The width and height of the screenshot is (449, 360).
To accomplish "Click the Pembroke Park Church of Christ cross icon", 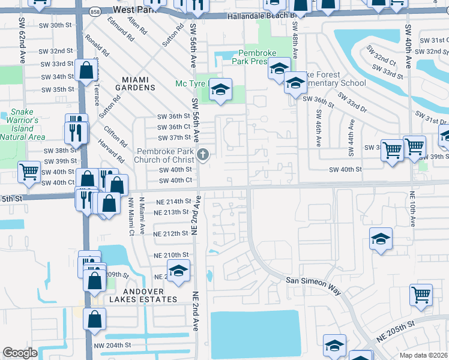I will pos(203,156).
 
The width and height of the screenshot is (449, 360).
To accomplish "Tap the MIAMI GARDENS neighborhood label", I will pos(139,83).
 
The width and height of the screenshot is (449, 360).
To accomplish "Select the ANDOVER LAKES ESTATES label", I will pos(143,299).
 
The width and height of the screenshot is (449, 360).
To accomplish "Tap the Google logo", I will pos(20,353).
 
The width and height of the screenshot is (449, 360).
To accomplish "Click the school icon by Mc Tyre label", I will pos(220,90).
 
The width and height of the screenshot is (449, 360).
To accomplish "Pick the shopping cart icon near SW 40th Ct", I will pos(29,173).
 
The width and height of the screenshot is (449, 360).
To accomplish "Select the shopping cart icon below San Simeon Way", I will pos(421,295).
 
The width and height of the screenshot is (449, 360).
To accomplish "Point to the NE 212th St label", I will pos(172,233).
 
